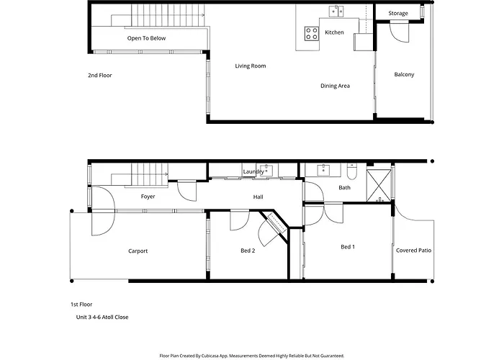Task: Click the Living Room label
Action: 251,66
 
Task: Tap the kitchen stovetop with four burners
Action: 312,33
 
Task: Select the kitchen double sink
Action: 336,12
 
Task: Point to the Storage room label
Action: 398,13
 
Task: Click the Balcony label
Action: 404,75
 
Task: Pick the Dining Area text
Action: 335,86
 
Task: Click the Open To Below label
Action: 146,38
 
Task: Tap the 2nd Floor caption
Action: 100,76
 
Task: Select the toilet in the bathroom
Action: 351,172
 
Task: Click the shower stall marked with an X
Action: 379,186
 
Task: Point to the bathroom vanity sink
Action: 323,170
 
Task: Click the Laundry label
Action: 253,171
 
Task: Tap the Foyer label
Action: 148,197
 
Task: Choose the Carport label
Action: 138,251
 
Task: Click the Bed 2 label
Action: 248,251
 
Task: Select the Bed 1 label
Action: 348,247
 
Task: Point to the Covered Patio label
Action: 414,251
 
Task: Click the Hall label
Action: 258,197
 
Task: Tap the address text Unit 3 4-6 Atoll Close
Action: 102,318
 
